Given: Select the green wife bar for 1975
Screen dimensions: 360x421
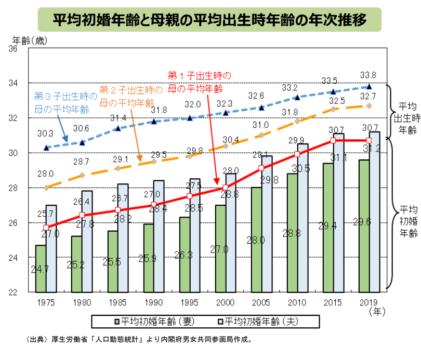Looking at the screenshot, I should [41, 268].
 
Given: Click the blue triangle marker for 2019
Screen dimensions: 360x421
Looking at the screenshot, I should [369, 87].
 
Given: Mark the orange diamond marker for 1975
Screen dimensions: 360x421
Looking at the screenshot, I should [46, 188].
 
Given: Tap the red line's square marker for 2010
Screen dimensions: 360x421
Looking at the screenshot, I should [297, 154].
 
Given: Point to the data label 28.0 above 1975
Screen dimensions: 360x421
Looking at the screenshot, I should [45, 174].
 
